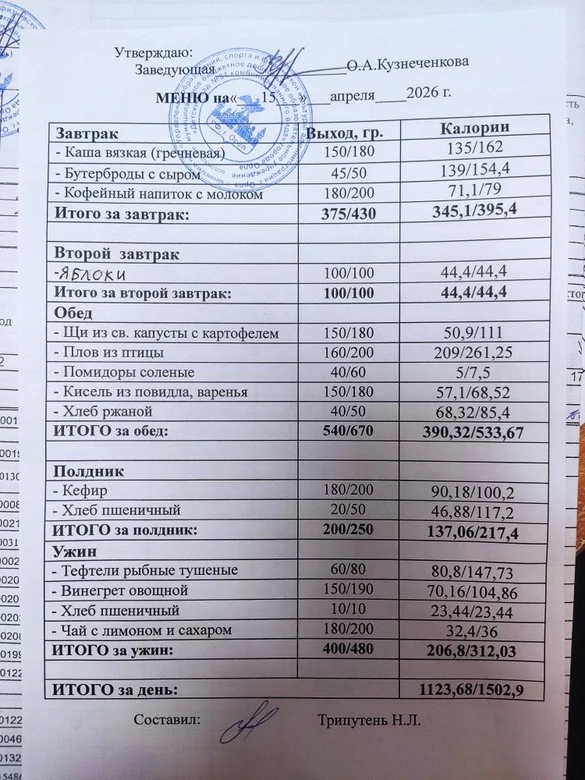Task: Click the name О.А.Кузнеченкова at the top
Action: (408, 65)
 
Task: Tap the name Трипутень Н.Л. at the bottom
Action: (369, 720)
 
